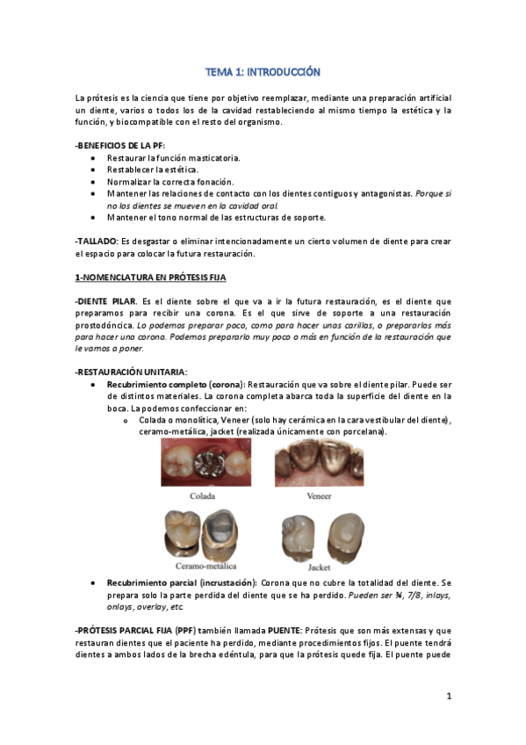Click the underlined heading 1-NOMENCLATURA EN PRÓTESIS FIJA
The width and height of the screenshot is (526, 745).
(x=150, y=278)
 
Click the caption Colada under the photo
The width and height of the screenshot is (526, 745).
(x=204, y=495)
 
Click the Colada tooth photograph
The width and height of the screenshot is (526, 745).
(x=205, y=463)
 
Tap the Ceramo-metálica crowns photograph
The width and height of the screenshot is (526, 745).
(x=205, y=534)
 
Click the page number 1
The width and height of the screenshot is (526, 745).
(x=448, y=697)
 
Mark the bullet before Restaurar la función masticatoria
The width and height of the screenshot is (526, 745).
(x=94, y=157)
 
